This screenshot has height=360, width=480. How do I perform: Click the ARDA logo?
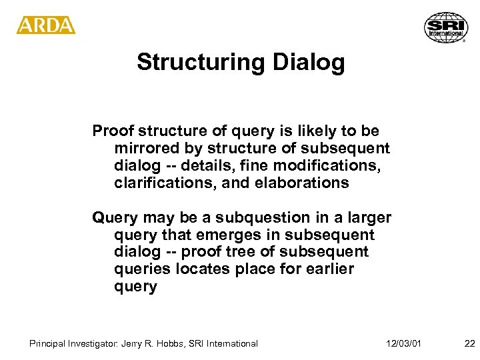pos(46,26)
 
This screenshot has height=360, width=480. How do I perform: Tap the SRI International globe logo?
pos(445,27)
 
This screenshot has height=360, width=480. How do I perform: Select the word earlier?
pos(330,270)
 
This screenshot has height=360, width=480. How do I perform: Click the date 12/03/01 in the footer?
pos(403,343)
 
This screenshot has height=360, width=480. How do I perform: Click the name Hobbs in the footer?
pos(174,343)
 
